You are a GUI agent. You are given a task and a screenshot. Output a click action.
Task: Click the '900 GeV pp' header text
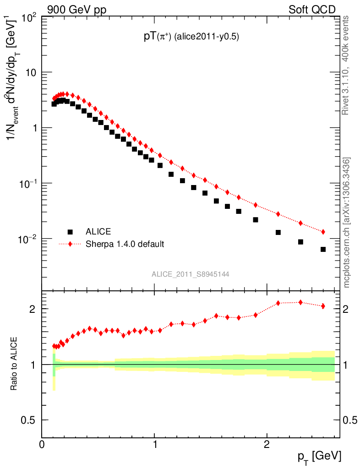point(76,10)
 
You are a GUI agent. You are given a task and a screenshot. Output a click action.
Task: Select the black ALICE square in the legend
point(70,232)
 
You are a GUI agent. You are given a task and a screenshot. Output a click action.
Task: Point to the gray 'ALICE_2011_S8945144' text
point(191,274)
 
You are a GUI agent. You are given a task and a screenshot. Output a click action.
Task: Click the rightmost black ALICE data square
point(323,249)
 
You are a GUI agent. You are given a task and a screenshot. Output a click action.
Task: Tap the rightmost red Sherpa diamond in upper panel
point(323,232)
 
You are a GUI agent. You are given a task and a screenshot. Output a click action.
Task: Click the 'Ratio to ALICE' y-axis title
point(15,364)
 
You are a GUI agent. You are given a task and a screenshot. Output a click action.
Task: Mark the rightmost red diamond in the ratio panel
point(323,306)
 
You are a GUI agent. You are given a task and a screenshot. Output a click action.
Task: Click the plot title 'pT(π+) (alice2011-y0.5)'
point(190,37)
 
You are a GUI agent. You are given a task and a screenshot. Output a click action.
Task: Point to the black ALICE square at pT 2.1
point(278,233)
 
